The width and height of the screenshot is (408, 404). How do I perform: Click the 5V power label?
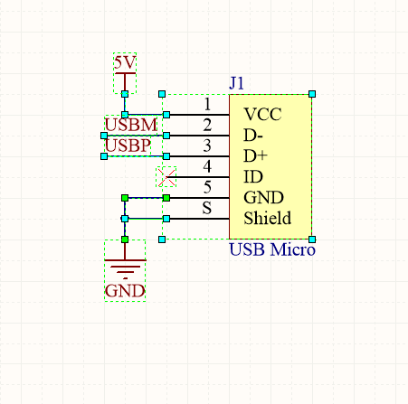click(x=125, y=62)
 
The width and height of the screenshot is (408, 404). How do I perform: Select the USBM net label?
click(x=131, y=125)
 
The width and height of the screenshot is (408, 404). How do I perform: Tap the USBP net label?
click(x=128, y=146)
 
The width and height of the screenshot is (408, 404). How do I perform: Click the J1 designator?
click(x=236, y=83)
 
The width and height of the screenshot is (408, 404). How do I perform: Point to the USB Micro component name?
click(x=272, y=249)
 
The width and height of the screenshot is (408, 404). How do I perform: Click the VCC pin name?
click(x=262, y=115)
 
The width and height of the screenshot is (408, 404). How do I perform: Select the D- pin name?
click(x=253, y=136)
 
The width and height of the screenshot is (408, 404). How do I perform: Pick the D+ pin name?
click(x=255, y=156)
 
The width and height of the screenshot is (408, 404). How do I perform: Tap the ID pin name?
click(x=253, y=177)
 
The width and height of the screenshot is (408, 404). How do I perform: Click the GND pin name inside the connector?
click(x=263, y=198)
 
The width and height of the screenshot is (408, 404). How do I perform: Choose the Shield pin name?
click(x=268, y=218)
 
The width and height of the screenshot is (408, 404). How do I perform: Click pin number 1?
click(x=207, y=104)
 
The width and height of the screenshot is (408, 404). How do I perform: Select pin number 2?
click(x=207, y=125)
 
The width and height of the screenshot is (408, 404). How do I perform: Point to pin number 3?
click(x=207, y=146)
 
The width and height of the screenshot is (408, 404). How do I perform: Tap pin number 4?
click(x=207, y=166)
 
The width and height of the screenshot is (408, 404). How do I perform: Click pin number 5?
click(x=207, y=187)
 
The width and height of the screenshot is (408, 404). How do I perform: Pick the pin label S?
click(x=207, y=208)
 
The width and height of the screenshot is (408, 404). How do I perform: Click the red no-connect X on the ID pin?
click(x=166, y=177)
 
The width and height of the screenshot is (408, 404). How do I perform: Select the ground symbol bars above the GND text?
click(x=125, y=268)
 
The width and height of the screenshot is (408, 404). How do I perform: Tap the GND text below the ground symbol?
click(x=125, y=291)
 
